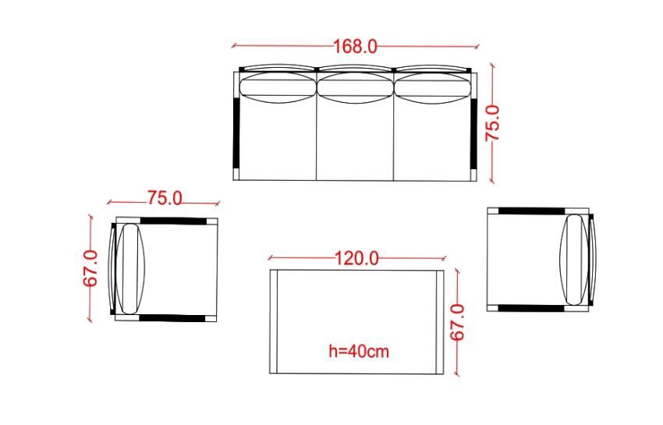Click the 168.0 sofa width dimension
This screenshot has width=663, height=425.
tap(355, 46)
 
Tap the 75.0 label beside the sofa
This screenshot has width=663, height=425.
tap(493, 123)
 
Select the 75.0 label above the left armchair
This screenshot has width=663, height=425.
tap(165, 198)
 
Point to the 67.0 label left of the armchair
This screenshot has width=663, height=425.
tap(90, 268)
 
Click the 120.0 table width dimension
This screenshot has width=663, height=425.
tap(357, 258)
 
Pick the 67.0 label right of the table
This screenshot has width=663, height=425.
tap(457, 322)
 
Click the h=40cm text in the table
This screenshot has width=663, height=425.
tap(359, 352)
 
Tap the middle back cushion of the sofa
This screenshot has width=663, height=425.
tap(356, 88)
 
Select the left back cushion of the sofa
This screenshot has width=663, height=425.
tap(278, 88)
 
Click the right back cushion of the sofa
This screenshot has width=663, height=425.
tap(433, 88)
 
